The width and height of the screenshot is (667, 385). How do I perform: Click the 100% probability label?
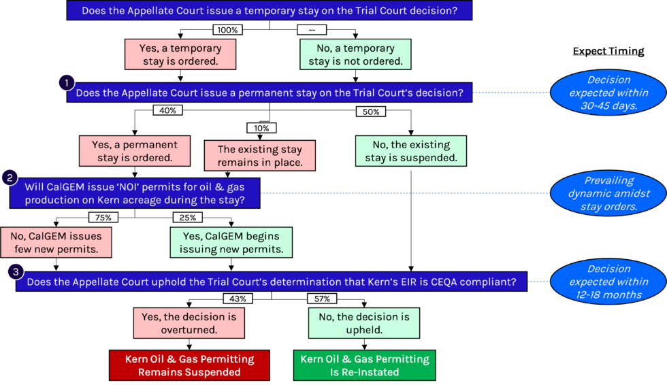[227, 30]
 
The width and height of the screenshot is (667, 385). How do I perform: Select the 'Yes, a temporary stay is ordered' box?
[180, 54]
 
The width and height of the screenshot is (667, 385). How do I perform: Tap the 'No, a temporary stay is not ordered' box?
[355, 54]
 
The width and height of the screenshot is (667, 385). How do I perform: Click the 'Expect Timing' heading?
[608, 51]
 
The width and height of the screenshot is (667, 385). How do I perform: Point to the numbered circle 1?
[66, 83]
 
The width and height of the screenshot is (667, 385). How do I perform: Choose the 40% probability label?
[167, 110]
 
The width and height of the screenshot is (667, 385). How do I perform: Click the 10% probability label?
[261, 128]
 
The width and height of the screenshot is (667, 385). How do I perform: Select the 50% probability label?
[371, 112]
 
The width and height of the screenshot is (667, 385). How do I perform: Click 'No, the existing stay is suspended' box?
[410, 151]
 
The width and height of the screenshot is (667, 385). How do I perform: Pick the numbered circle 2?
[10, 178]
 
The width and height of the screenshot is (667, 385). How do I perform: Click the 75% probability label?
[103, 218]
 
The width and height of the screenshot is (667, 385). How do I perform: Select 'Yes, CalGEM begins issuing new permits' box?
[231, 242]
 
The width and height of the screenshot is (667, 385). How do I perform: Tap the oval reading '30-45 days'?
[608, 93]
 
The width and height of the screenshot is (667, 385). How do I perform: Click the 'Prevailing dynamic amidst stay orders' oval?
[608, 193]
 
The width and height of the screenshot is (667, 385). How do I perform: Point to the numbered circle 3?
[16, 272]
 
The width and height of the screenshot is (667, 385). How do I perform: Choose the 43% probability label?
[238, 299]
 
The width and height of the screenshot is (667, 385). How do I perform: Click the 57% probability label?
[322, 299]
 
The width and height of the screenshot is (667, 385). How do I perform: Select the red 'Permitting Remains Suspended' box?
[189, 365]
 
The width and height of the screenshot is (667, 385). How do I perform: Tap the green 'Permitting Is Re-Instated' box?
[364, 365]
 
